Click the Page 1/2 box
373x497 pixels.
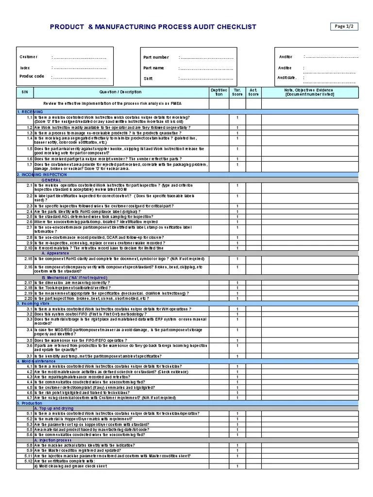coord(345,26)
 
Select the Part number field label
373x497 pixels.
coord(156,57)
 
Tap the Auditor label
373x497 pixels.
coord(286,57)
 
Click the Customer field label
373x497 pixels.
coord(28,57)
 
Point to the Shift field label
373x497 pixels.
coord(148,78)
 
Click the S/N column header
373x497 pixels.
coord(25,92)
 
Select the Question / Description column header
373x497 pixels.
coord(120,92)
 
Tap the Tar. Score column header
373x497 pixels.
coord(237,92)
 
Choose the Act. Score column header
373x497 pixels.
coord(253,92)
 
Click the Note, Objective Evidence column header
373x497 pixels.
coord(309,92)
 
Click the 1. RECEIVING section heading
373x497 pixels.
coord(30,112)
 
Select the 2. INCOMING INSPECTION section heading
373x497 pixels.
coord(41,175)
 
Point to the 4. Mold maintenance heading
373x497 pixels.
coord(36,361)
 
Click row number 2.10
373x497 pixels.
coord(28,248)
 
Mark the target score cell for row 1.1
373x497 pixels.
coord(237,117)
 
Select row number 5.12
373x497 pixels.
coord(28,461)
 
